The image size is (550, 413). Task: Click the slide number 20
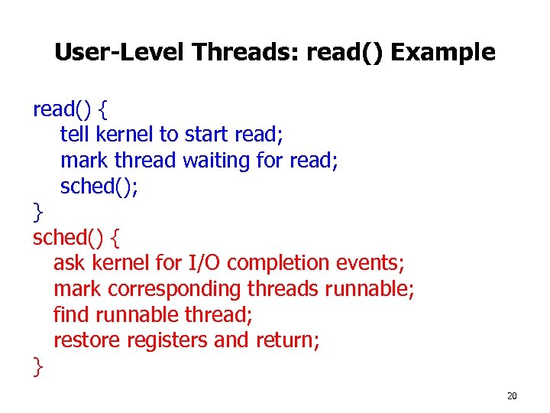click(512, 395)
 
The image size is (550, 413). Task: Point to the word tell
click(74, 135)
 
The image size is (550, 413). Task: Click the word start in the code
click(207, 135)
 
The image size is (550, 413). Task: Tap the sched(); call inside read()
click(99, 187)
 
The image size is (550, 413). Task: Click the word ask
click(70, 263)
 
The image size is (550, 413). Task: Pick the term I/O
click(205, 263)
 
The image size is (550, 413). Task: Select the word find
click(68, 314)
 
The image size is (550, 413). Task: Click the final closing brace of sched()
click(38, 366)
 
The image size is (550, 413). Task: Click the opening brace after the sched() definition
click(115, 238)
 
